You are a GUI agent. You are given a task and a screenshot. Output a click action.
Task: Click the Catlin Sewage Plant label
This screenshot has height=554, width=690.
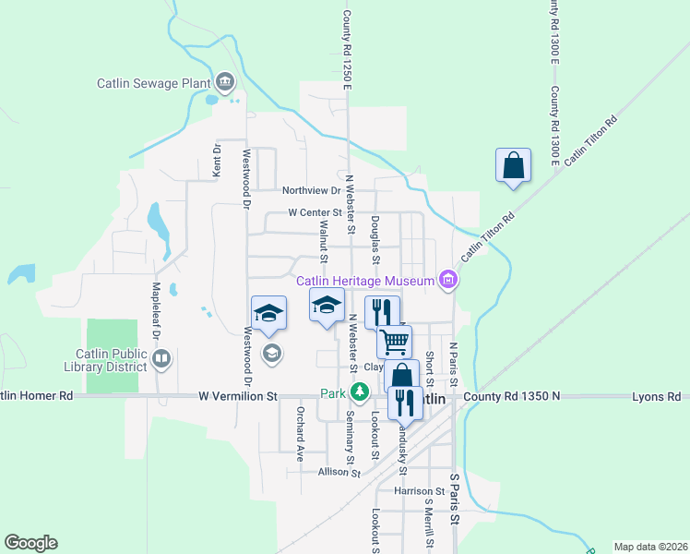click(x=154, y=83)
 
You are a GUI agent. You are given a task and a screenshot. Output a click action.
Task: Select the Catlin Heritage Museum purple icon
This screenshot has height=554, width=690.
click(x=448, y=280)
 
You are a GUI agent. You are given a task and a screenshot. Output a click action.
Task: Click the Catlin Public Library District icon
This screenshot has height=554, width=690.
click(x=161, y=358)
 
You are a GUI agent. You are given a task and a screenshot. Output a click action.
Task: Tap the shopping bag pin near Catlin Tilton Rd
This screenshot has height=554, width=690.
click(x=514, y=166)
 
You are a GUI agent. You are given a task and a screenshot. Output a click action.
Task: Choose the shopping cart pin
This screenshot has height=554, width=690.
click(x=394, y=341)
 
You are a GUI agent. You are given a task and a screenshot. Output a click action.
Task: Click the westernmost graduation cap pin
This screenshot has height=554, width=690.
click(x=268, y=313)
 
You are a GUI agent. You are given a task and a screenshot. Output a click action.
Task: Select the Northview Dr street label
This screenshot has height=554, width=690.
click(x=311, y=190)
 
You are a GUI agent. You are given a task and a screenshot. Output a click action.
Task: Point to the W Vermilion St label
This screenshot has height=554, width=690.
click(x=237, y=396)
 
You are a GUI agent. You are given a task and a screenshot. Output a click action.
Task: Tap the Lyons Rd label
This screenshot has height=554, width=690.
click(x=656, y=396)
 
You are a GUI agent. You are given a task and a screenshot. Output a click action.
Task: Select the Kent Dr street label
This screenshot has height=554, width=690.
click(x=217, y=160)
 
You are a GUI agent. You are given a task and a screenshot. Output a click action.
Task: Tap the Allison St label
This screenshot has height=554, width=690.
click(x=339, y=472)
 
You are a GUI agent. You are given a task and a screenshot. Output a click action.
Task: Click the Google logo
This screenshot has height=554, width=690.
click(x=30, y=543)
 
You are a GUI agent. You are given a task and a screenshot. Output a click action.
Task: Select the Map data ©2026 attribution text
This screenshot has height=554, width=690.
click(x=650, y=547)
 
